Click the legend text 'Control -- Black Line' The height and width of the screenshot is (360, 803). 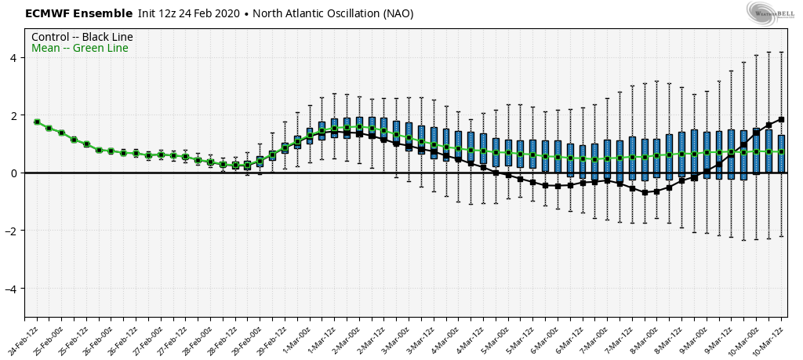click(x=82, y=38)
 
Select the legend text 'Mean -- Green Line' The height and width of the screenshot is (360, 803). click(x=80, y=49)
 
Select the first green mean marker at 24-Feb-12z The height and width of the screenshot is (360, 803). click(x=37, y=122)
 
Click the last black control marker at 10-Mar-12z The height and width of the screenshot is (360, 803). click(x=781, y=119)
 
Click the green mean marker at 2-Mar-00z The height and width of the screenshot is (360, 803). click(x=359, y=127)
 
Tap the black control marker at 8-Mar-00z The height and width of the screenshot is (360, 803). click(x=645, y=192)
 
